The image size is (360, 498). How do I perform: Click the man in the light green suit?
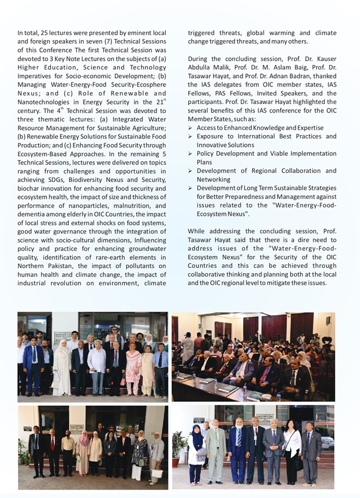pyautogui.click(x=215, y=452)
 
